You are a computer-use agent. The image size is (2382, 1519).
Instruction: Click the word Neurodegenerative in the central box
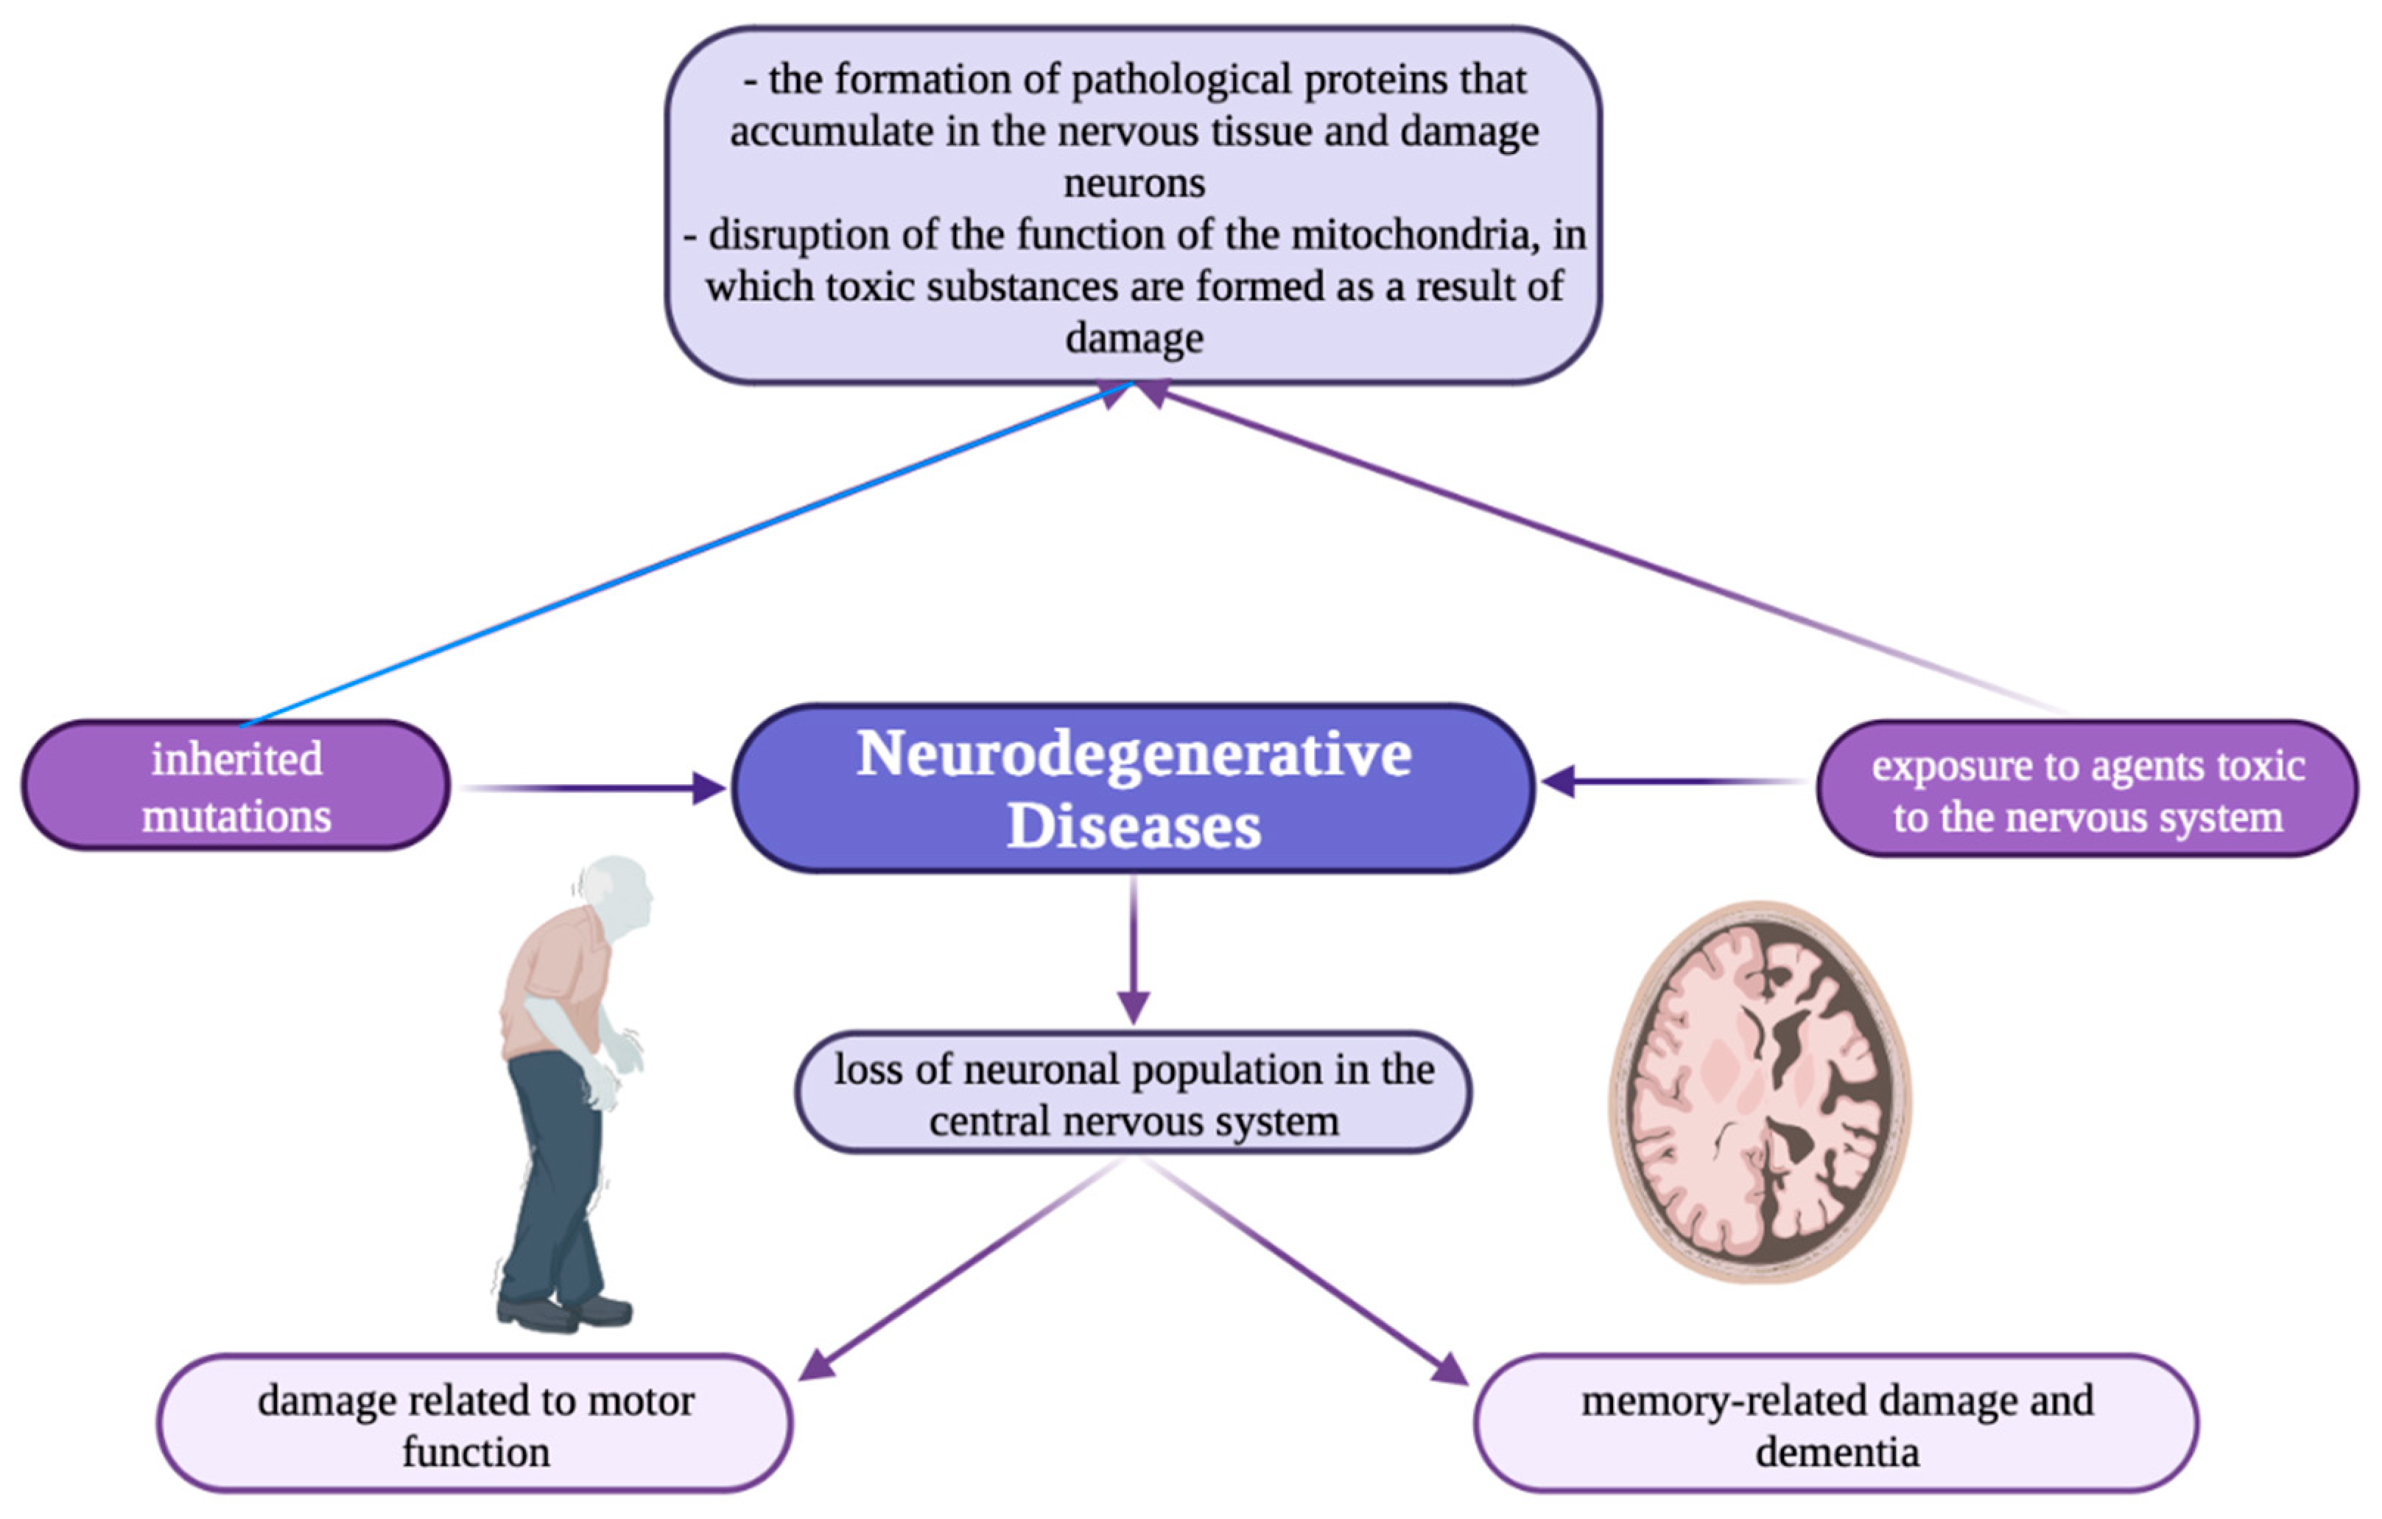coord(1134,755)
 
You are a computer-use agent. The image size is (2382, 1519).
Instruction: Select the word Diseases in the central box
coord(1134,826)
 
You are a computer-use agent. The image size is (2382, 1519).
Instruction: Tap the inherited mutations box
coord(236,786)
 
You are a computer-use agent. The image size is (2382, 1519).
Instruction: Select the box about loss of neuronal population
coord(1134,1094)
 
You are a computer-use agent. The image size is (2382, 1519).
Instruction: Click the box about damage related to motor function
coord(475,1425)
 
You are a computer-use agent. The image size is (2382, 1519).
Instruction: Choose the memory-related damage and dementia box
coord(1836,1425)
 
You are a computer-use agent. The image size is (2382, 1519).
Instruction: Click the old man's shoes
coord(564,1312)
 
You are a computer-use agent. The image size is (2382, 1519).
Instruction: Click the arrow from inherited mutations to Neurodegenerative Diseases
coord(594,789)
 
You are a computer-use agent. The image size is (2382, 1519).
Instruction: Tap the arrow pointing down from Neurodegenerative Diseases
coord(1134,950)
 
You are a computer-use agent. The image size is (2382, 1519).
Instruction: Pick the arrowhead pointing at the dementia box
coord(1450,1369)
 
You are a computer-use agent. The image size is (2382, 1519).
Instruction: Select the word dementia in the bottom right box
coord(1837,1453)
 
